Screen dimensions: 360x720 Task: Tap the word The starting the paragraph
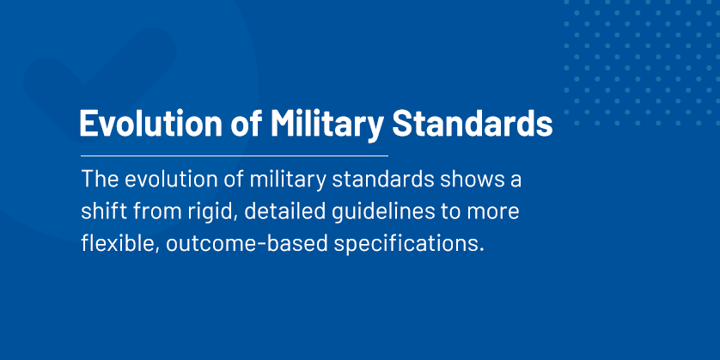click(100, 183)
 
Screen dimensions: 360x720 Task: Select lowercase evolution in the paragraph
click(172, 183)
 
